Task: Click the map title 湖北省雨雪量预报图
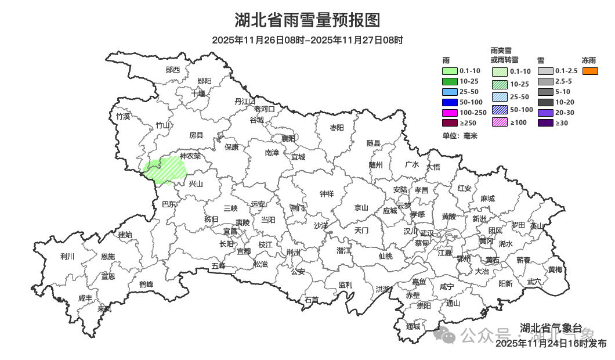tap(307, 20)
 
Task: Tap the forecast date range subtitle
tap(307, 40)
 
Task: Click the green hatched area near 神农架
tap(164, 170)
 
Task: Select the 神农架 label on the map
tap(190, 156)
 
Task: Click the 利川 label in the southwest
tap(67, 256)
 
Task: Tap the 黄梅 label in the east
tap(555, 270)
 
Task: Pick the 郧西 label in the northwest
tap(173, 70)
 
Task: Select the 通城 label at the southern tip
tap(413, 327)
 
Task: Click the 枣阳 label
tap(337, 128)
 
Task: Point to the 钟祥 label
tap(327, 194)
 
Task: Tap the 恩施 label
tap(108, 257)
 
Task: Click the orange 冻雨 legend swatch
tap(590, 71)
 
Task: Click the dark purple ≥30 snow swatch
tap(545, 123)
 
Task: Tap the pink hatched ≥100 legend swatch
tap(500, 122)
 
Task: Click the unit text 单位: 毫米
tap(460, 136)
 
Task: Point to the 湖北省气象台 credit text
tap(551, 327)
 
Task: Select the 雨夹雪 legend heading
tap(504, 51)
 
